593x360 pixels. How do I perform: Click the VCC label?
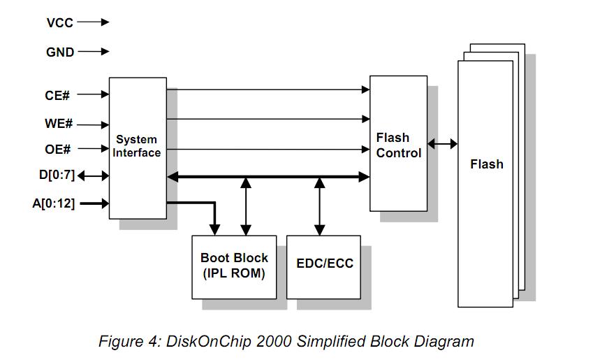point(60,22)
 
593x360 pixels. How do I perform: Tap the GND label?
point(60,52)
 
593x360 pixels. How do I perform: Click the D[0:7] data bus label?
point(57,175)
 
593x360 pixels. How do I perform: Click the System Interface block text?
point(137,146)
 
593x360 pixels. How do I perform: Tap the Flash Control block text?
point(398,145)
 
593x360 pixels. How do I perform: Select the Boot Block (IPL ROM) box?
point(234,266)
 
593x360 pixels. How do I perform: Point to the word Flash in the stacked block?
point(486,164)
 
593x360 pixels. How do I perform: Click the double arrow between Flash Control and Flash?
point(442,144)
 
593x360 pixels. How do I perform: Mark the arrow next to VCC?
point(94,22)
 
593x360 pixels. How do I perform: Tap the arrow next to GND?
point(94,52)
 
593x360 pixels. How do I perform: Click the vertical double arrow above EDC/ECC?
point(320,206)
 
